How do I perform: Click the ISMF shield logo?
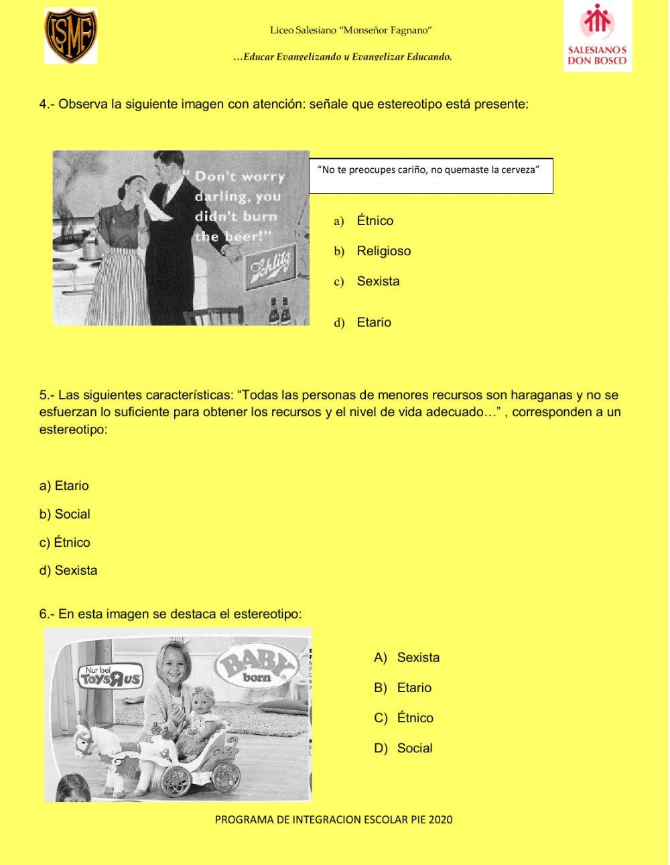tap(70, 36)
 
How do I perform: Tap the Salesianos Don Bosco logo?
tap(597, 37)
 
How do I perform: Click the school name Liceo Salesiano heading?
tap(350, 30)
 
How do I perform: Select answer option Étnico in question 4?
tap(374, 221)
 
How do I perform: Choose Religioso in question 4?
tap(383, 251)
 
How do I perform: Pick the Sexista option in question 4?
tap(377, 281)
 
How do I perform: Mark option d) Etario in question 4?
tap(373, 322)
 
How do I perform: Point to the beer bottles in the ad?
tap(279, 312)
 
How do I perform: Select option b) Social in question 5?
tap(65, 515)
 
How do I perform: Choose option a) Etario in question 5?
tap(64, 486)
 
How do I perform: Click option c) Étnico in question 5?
tap(65, 543)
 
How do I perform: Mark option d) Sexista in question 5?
tap(68, 571)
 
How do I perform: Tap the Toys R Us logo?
tap(111, 677)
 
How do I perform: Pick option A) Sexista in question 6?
tap(417, 657)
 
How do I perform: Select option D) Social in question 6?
tap(413, 748)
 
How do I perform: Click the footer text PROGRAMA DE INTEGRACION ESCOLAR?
tap(334, 819)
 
